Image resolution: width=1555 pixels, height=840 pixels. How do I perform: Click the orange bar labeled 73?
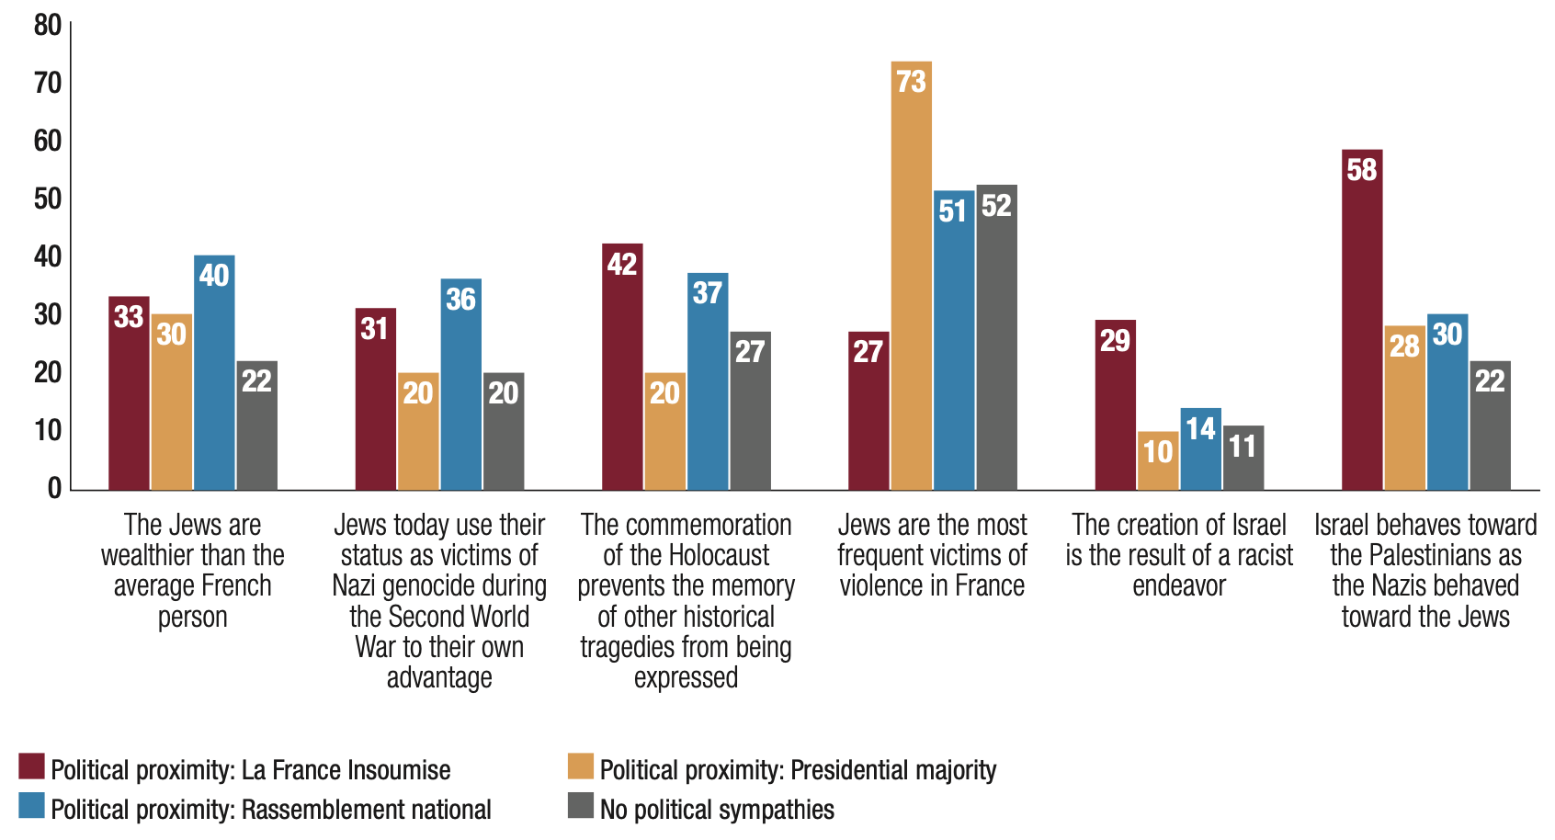pos(911,276)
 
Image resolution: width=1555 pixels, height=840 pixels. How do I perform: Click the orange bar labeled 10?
pos(1157,460)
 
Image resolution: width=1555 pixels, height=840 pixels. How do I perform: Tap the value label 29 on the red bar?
pos(1115,341)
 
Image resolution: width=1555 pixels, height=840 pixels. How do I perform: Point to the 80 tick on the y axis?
pos(48,25)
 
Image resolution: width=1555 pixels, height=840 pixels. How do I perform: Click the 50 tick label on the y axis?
pos(48,199)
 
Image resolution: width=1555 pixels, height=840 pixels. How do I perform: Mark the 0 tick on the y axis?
pos(54,488)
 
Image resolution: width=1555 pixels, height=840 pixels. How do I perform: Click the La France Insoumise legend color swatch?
pos(31,766)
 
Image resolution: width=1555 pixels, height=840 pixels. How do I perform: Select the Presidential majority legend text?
pos(798,770)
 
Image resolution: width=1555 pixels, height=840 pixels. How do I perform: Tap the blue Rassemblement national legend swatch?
pos(31,806)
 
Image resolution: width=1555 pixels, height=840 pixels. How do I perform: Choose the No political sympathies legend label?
pos(717,810)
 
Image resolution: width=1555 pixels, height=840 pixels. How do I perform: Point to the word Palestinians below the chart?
pos(1426,556)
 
